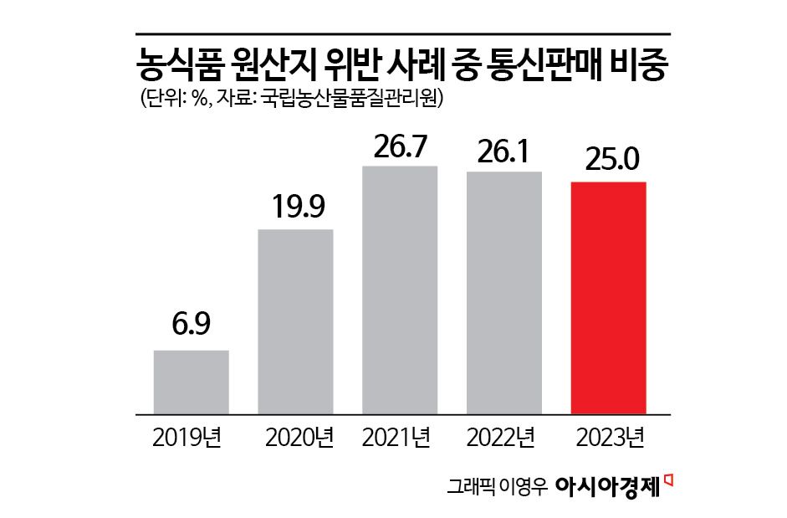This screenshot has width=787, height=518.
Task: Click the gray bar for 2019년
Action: (x=191, y=382)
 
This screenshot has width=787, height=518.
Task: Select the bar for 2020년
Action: (x=295, y=321)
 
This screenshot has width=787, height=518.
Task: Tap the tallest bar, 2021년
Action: (x=400, y=290)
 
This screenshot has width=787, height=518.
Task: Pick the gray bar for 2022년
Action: (x=504, y=293)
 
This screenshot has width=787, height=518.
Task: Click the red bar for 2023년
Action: (x=608, y=298)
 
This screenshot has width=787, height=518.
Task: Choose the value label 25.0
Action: (x=608, y=160)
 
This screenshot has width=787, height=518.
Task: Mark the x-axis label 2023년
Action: (x=608, y=438)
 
